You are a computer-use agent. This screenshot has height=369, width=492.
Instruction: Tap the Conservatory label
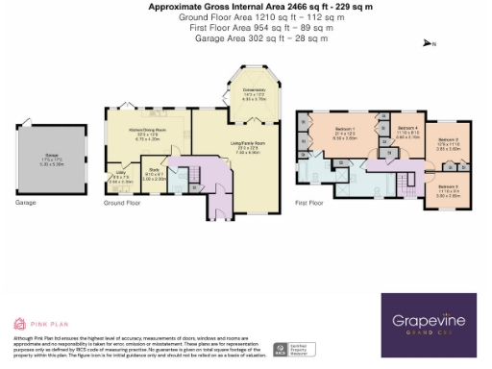(x=254, y=93)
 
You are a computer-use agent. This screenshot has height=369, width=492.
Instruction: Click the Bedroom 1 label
(x=345, y=133)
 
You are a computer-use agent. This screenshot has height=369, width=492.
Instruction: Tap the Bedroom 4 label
(x=407, y=133)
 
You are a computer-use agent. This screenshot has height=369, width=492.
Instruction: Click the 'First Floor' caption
(x=309, y=204)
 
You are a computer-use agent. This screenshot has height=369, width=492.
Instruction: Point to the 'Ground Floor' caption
(x=122, y=204)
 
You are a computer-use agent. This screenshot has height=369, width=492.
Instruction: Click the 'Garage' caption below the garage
(x=26, y=204)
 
